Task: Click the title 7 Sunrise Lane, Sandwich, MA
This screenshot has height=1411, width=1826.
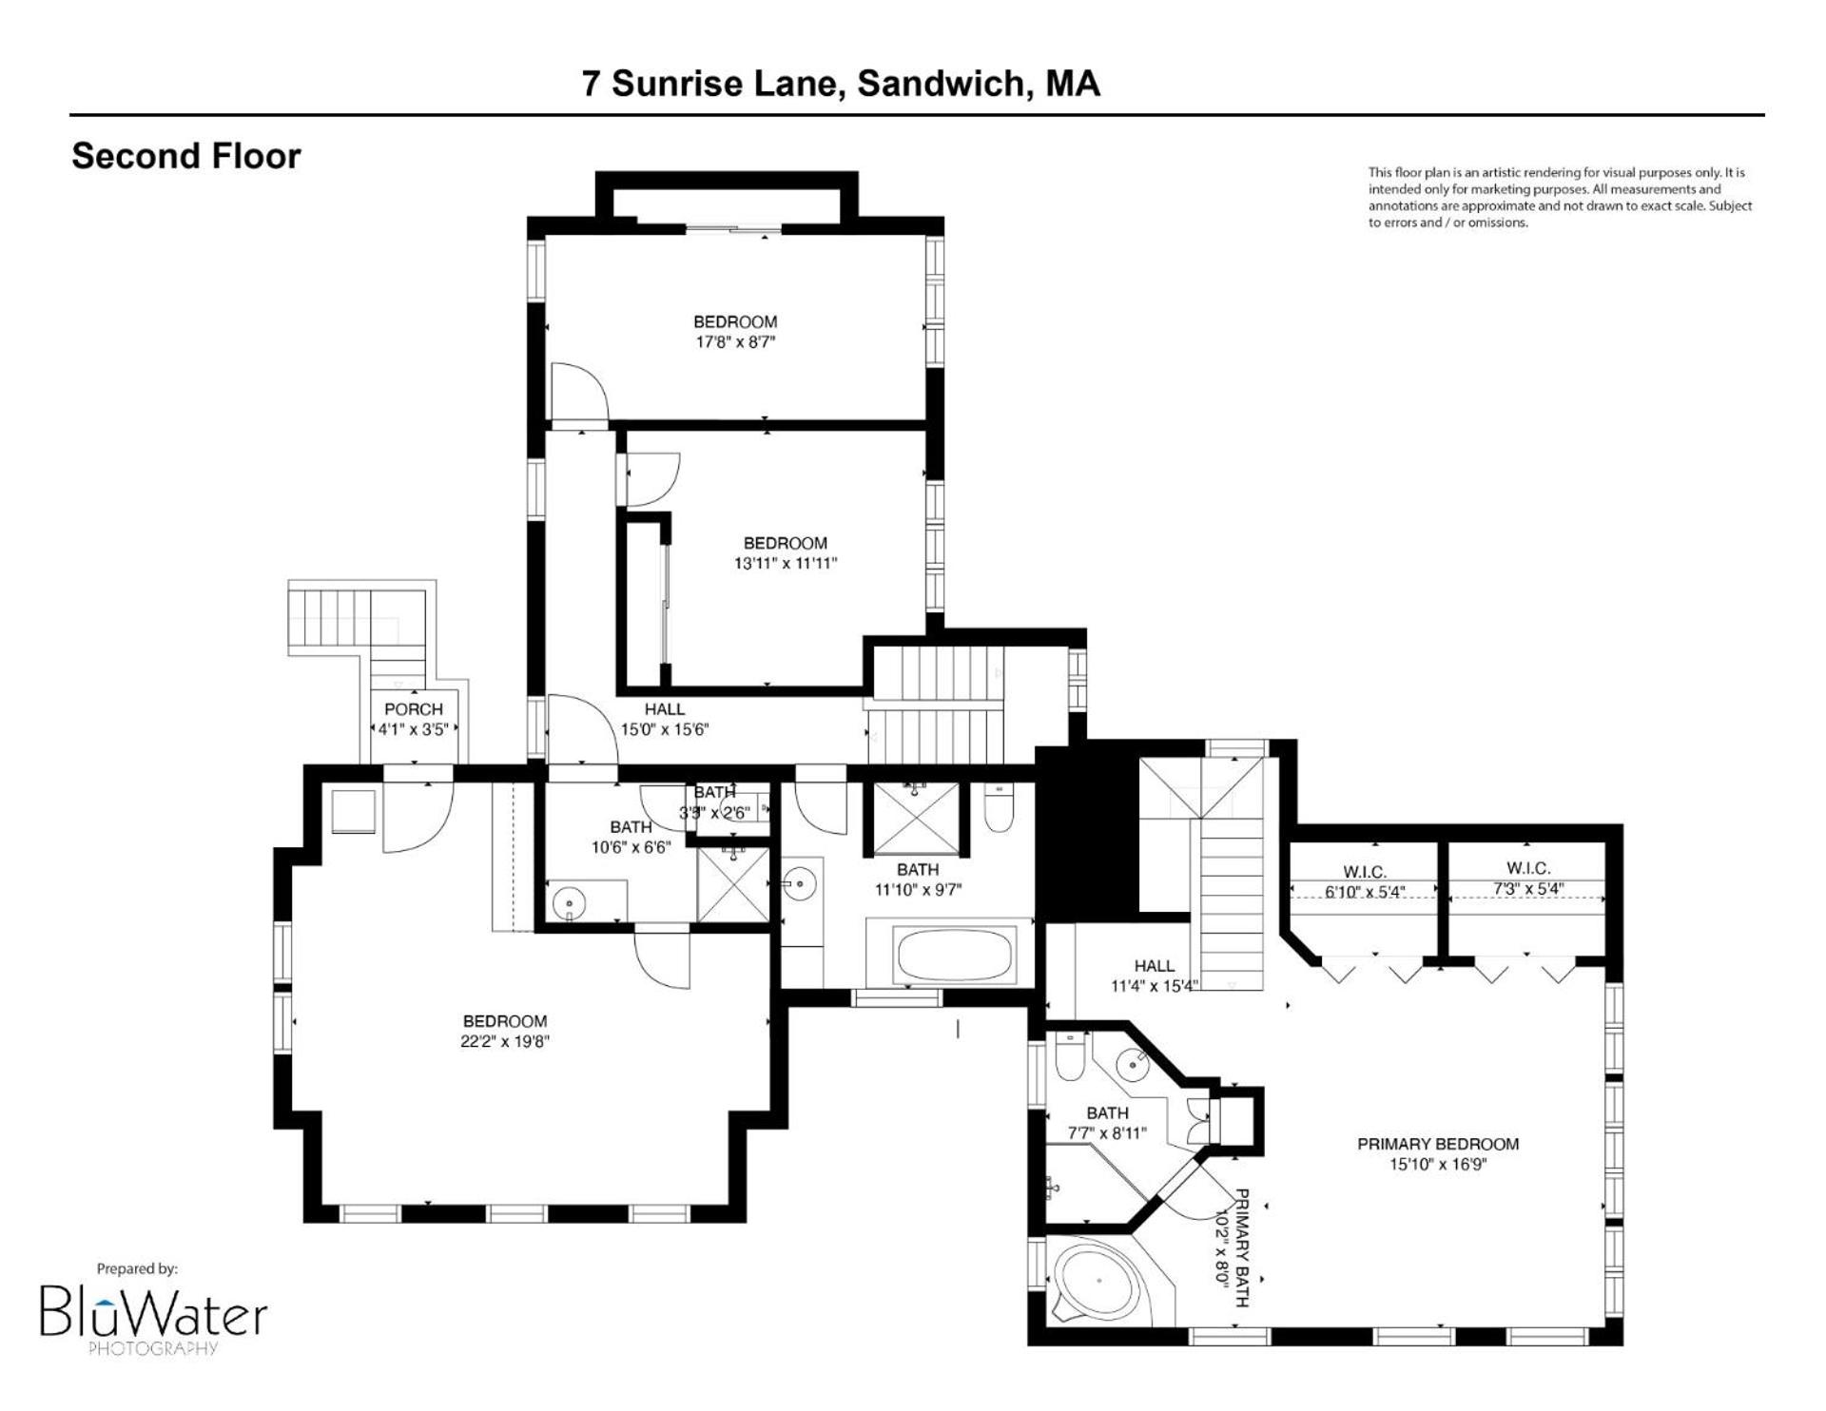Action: tap(841, 84)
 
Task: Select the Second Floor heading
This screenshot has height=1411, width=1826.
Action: tap(186, 156)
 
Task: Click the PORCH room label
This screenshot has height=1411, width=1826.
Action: tap(414, 709)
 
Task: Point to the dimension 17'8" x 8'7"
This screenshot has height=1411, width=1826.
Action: tap(735, 342)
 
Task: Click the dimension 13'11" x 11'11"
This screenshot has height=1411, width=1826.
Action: tap(786, 563)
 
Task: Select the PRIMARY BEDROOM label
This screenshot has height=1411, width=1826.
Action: tap(1438, 1144)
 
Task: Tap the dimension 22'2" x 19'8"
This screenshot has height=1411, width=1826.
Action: tap(505, 1041)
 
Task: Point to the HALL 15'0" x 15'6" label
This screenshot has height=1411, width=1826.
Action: tap(665, 720)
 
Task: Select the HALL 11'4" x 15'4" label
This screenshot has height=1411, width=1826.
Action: tap(1155, 976)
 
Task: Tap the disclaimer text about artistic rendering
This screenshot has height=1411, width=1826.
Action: tap(1560, 198)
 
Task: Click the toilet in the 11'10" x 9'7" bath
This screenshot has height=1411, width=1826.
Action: tap(998, 807)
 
